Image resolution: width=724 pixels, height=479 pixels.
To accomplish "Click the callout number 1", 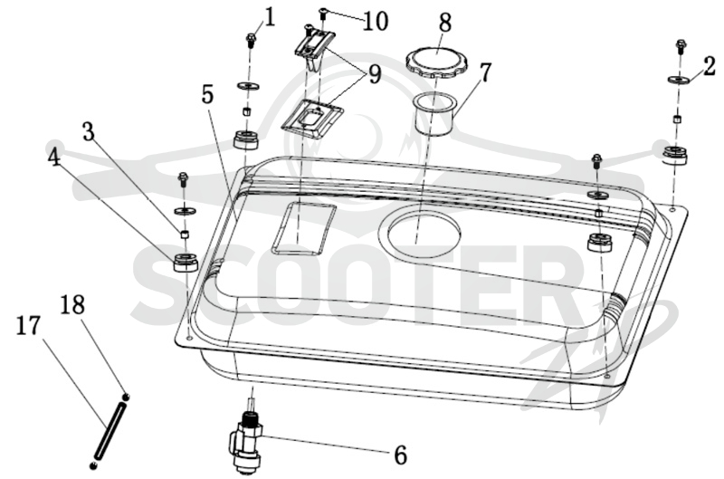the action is tap(269, 17).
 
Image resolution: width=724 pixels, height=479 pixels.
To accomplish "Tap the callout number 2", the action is tap(710, 66).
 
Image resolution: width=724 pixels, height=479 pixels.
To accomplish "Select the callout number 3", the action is tap(88, 131).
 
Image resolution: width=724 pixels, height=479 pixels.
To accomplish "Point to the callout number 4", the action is tap(53, 158).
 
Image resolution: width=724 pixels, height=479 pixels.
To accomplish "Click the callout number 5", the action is tap(208, 95).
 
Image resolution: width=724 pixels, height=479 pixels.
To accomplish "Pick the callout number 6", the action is tap(401, 455).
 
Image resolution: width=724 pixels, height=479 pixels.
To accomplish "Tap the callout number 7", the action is tap(485, 72).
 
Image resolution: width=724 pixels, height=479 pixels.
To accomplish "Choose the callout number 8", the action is tap(445, 23).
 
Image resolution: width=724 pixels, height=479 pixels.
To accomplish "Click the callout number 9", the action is tap(375, 74).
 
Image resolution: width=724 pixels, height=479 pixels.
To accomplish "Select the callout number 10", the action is tap(376, 22).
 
